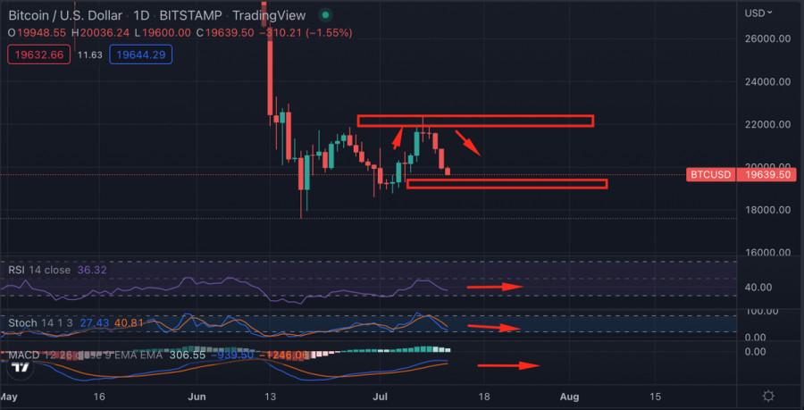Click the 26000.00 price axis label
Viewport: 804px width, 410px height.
click(768, 39)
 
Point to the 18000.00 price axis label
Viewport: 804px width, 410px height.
click(768, 210)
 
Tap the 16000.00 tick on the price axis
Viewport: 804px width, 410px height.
click(768, 253)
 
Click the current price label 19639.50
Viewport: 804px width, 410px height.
click(764, 175)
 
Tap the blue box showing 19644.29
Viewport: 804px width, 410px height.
click(147, 54)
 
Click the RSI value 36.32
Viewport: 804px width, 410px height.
click(91, 270)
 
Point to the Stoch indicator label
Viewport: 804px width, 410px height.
click(22, 322)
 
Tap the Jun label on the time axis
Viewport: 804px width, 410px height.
click(198, 396)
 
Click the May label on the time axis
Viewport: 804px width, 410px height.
click(8, 396)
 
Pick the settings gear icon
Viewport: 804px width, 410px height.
click(768, 396)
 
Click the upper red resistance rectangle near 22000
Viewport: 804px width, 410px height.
click(475, 121)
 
